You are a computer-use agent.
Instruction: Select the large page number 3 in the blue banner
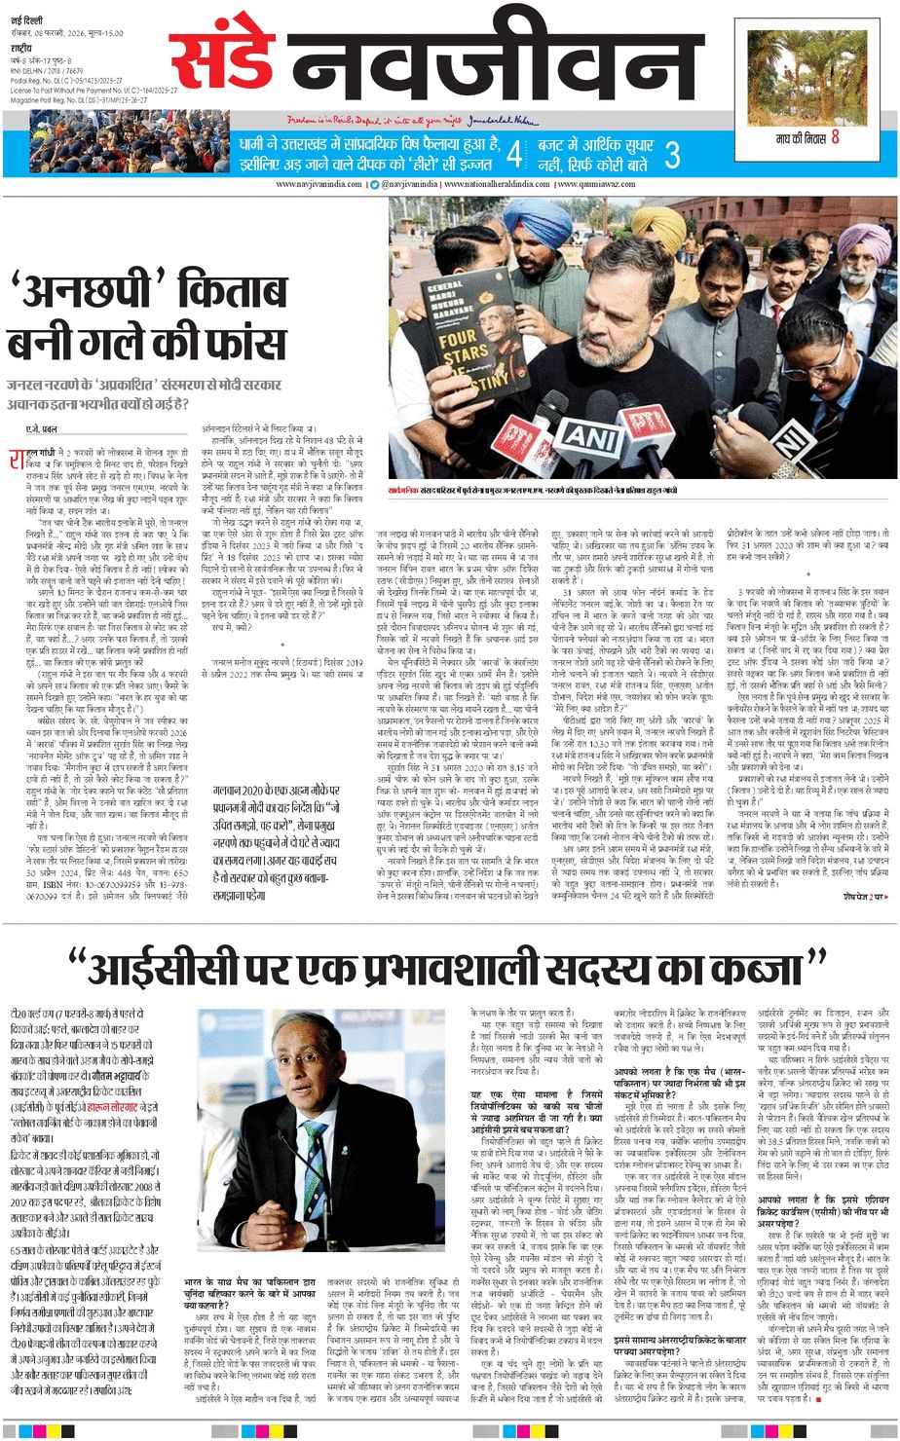point(671,154)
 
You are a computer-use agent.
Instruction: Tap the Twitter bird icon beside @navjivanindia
point(375,185)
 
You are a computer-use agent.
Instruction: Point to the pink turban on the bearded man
point(865,242)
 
